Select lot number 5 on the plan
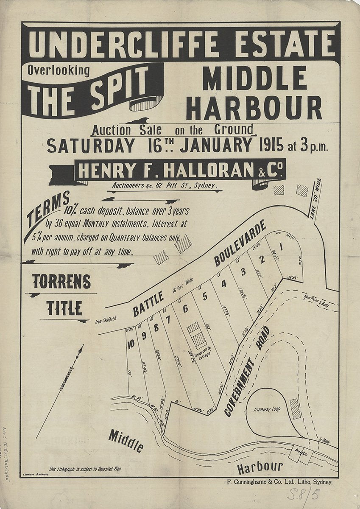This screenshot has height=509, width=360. [205, 296]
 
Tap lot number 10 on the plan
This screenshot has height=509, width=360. [131, 344]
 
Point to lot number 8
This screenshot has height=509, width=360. [156, 327]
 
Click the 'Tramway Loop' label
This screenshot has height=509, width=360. [268, 410]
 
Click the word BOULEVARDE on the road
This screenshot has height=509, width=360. [240, 242]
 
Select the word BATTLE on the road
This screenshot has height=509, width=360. [148, 304]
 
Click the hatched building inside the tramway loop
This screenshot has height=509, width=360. [295, 409]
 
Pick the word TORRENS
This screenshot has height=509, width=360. [62, 282]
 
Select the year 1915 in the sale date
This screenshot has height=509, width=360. [269, 145]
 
